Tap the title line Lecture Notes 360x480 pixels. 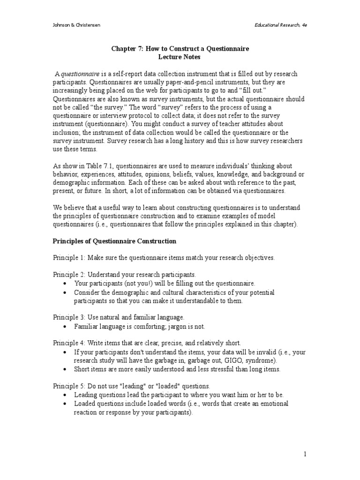click(x=180, y=57)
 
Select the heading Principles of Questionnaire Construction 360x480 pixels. click(x=114, y=241)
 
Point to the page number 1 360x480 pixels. click(x=304, y=454)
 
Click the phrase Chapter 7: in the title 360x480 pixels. click(x=127, y=49)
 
